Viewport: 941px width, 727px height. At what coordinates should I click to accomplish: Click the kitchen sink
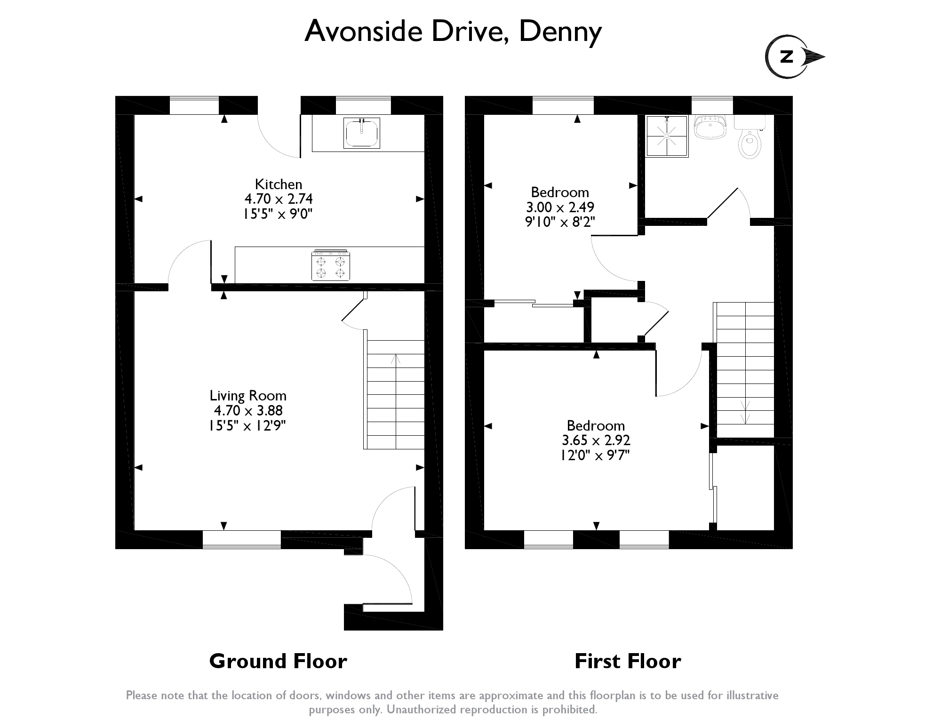pos(362,133)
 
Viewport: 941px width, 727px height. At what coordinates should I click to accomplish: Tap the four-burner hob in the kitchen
pos(330,265)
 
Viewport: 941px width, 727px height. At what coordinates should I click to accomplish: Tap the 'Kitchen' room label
pos(279,184)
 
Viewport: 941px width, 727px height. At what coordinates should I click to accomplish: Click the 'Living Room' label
pos(248,396)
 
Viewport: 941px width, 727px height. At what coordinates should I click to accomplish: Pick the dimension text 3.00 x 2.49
pos(560,207)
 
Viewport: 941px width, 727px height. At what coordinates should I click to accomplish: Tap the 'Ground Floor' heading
pos(278,661)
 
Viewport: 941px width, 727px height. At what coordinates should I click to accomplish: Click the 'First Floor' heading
pos(628,661)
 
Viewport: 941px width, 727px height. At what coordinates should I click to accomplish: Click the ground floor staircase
pos(395,394)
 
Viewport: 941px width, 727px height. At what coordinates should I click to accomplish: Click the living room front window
pos(242,539)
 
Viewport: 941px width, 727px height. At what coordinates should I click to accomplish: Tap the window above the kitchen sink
pos(363,105)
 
